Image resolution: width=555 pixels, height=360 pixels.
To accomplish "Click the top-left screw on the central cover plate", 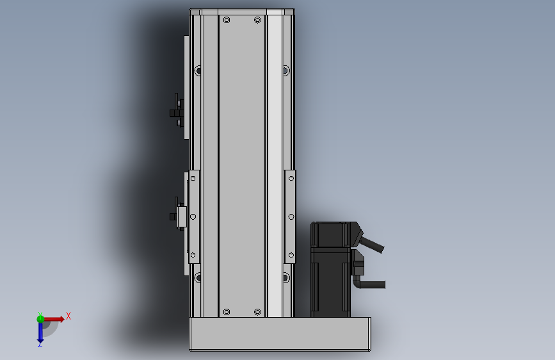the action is point(227,20).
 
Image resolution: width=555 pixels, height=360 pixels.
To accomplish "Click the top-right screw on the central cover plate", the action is point(258,20).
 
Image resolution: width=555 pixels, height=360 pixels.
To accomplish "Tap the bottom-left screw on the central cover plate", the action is point(227,312).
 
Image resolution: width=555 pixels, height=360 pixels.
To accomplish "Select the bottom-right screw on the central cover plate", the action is point(258,312).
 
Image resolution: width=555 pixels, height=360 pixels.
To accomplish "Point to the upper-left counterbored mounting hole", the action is point(198,70).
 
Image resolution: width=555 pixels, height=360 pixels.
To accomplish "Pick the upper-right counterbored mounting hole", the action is point(286,70).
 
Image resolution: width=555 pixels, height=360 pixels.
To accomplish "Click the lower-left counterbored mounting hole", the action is point(198,277).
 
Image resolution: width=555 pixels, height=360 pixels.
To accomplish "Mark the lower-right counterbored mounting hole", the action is point(286,277).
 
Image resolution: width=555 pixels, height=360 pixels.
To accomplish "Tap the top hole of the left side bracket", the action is point(193,178).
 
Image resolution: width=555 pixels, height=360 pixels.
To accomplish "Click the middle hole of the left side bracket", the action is point(193,217).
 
